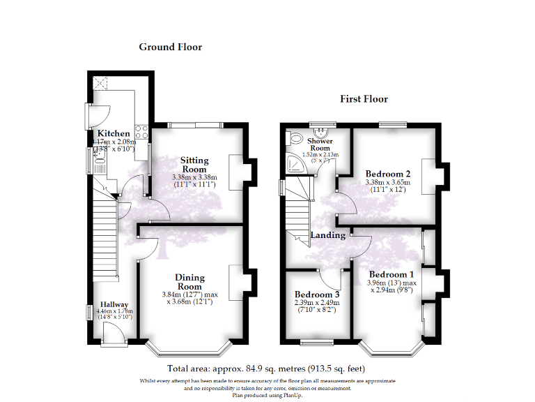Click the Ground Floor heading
[170, 47]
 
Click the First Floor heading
[364, 99]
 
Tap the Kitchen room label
[113, 133]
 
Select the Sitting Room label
[194, 165]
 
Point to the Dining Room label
[189, 282]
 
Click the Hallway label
[114, 304]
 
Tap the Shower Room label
[320, 144]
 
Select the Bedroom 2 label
[388, 174]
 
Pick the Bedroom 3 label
[316, 295]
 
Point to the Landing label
[327, 235]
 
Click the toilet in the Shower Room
[295, 137]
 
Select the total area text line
[267, 368]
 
